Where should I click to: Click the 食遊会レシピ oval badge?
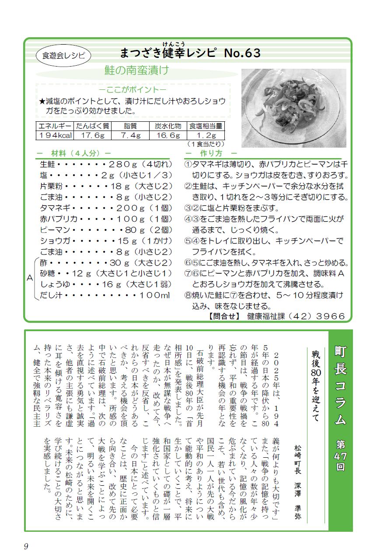[64, 55]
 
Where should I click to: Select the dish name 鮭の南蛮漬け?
[136, 70]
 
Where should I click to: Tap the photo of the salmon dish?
[294, 107]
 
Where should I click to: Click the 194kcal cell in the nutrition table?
[55, 135]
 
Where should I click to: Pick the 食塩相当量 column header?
[206, 126]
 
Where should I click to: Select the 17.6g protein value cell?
[92, 135]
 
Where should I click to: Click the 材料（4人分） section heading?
[76, 153]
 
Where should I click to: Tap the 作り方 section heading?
[211, 153]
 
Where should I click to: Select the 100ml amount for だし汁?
[154, 296]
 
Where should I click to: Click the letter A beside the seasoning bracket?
[30, 279]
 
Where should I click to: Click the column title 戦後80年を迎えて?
[317, 385]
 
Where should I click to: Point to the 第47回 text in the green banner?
[340, 456]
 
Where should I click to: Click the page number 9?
[26, 546]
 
